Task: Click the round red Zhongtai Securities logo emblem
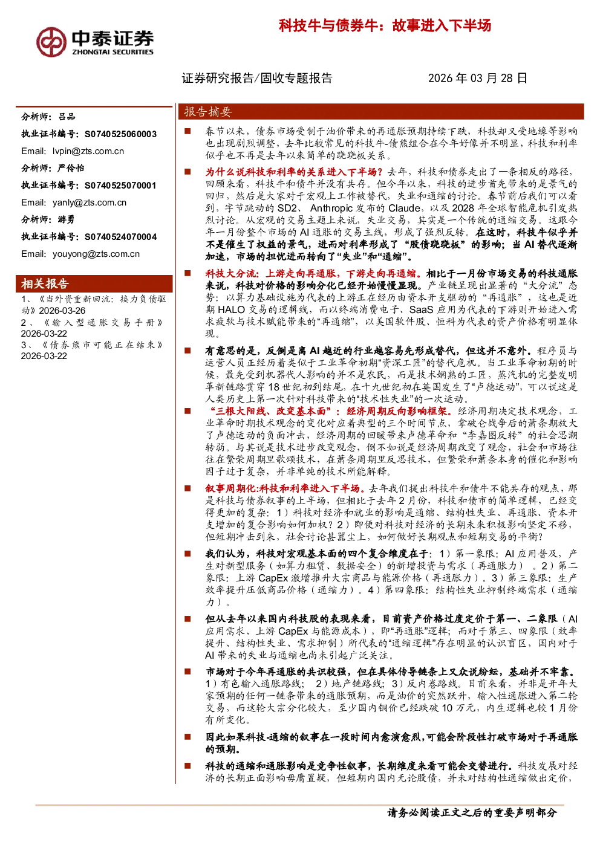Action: (x=51, y=42)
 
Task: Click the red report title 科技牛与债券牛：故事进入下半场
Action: (x=385, y=25)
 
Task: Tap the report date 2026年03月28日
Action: (x=477, y=78)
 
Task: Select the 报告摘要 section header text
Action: (x=208, y=112)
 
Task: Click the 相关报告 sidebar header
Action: (x=45, y=283)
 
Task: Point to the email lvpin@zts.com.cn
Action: (x=88, y=152)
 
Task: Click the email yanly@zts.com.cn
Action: (x=90, y=202)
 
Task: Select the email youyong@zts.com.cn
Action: (x=96, y=254)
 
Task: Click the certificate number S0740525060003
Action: (x=120, y=134)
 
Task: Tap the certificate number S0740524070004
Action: (x=120, y=237)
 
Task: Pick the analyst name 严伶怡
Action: (x=70, y=168)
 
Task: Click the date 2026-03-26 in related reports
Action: (x=62, y=311)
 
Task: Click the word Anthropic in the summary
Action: (x=331, y=209)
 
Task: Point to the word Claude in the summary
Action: (x=405, y=209)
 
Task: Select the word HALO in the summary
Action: (x=232, y=309)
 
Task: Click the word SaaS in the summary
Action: (x=421, y=309)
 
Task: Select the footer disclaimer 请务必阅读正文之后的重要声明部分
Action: (x=472, y=812)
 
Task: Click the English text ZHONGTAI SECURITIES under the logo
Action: (x=113, y=52)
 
